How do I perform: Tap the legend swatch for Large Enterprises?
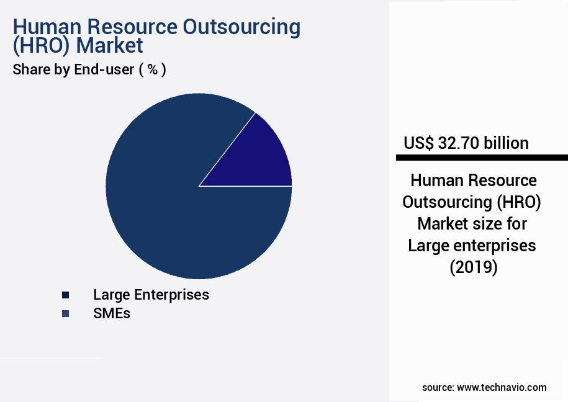[65, 295]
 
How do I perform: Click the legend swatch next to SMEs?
[65, 314]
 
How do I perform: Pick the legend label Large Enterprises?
[151, 295]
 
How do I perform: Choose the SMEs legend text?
[112, 313]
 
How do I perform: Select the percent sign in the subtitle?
[151, 69]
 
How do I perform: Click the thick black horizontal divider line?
[482, 158]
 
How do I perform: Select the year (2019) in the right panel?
[473, 267]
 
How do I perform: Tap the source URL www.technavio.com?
[502, 387]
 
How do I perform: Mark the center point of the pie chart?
[199, 186]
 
